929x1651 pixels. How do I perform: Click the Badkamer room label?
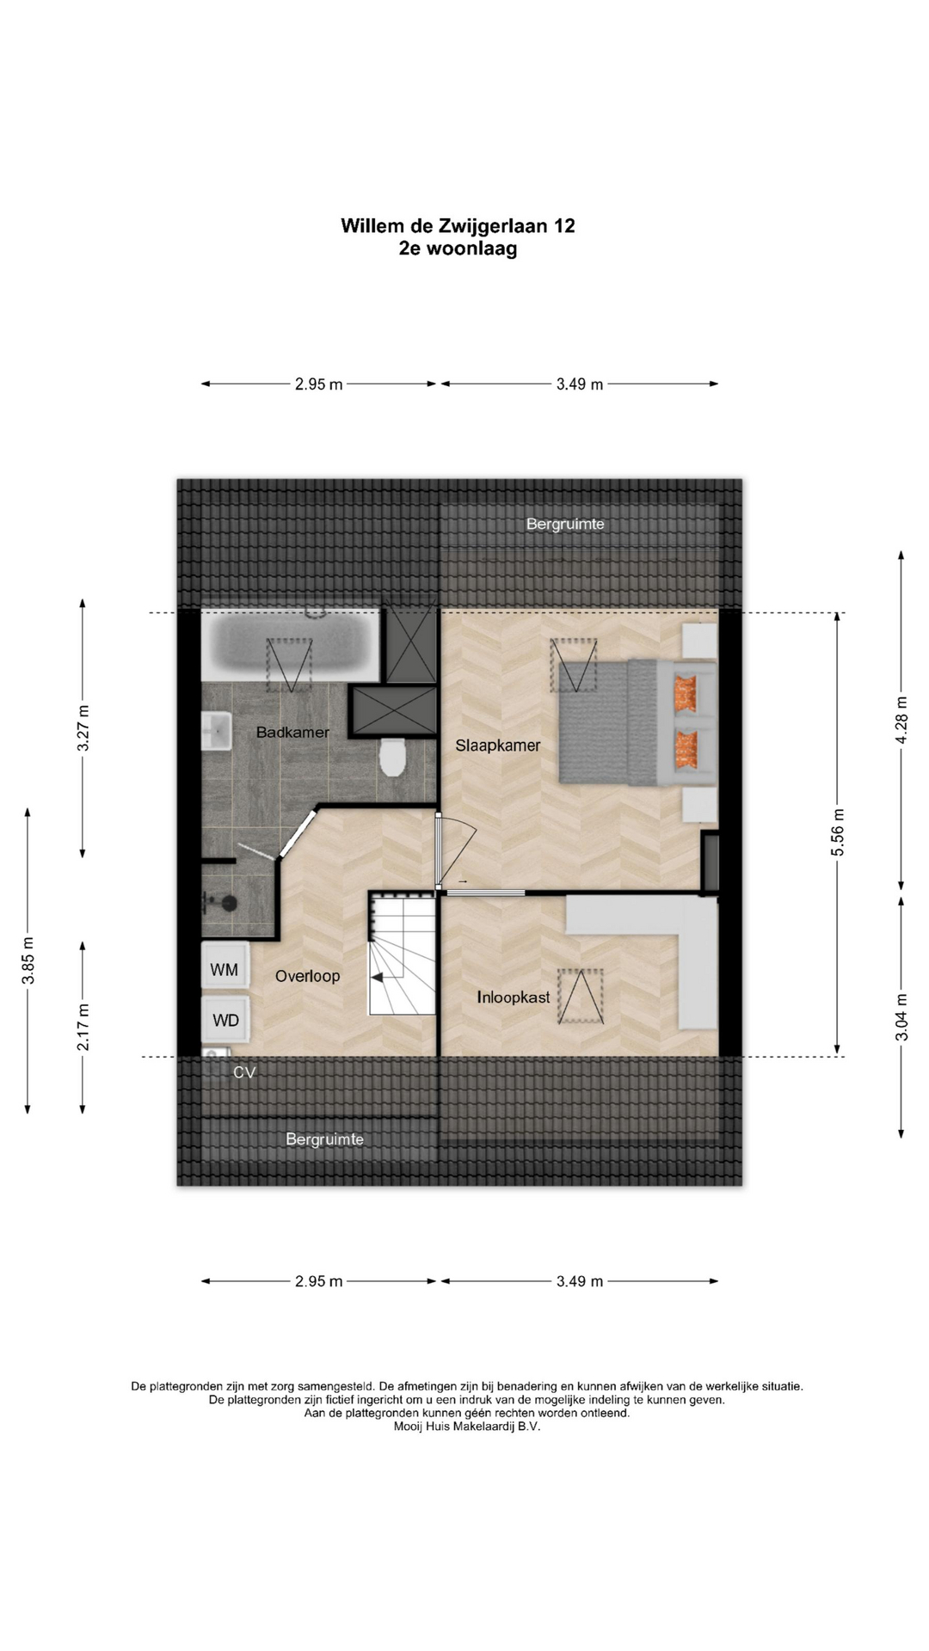pos(292,733)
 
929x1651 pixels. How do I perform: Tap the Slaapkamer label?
pos(498,746)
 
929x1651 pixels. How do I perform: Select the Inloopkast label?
pos(514,997)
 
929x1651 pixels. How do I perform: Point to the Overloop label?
pos(307,976)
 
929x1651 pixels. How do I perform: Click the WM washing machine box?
pos(225,969)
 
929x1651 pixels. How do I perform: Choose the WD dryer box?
pos(225,1021)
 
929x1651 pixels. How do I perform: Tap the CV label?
pos(245,1072)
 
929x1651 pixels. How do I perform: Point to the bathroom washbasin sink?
pos(217,732)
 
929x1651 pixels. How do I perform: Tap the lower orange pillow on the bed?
pos(686,748)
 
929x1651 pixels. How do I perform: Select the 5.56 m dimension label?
pos(839,832)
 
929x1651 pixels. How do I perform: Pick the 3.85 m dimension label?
pos(28,961)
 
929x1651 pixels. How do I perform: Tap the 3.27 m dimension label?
pos(83,728)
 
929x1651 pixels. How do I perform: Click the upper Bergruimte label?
pos(565,524)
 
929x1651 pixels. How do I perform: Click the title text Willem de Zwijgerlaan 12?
pos(458,225)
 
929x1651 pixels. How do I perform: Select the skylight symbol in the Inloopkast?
pos(581,996)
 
